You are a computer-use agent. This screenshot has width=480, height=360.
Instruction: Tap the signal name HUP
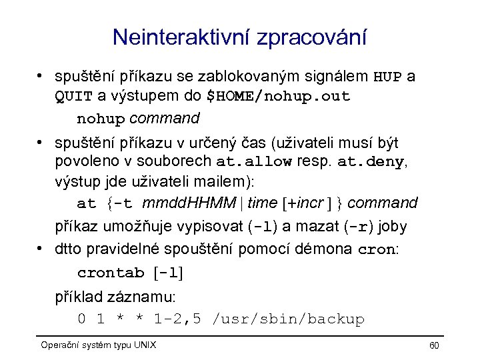click(387, 77)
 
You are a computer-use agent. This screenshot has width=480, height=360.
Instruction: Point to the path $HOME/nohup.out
click(278, 97)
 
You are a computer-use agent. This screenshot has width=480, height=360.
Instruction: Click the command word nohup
click(101, 119)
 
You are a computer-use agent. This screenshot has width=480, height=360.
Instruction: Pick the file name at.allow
click(254, 162)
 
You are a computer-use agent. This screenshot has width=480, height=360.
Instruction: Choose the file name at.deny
click(371, 162)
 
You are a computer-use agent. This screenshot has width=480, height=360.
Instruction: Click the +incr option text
click(304, 203)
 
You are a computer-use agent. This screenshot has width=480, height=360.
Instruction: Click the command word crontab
click(111, 273)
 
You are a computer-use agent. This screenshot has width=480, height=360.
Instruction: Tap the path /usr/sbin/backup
click(287, 319)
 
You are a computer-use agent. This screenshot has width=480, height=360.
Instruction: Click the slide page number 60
click(434, 345)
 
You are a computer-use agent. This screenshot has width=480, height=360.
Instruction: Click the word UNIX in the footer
click(144, 345)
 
